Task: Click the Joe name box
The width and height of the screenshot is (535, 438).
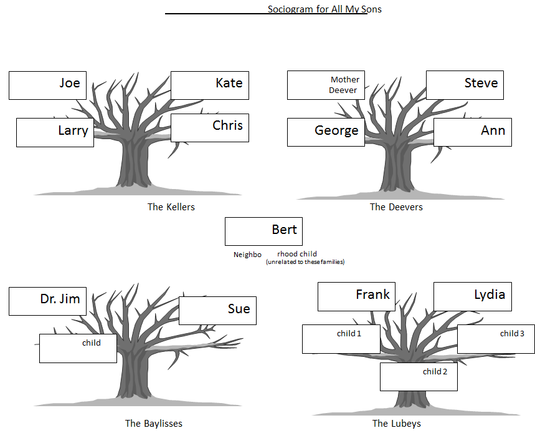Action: pyautogui.click(x=48, y=85)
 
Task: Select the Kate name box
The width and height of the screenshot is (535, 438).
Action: pyautogui.click(x=210, y=85)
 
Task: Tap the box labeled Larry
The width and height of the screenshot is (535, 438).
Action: pyautogui.click(x=55, y=132)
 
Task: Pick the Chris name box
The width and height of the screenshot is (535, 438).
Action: pyautogui.click(x=210, y=127)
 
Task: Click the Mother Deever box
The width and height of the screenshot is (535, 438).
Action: pyautogui.click(x=326, y=85)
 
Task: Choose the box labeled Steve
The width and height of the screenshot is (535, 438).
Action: pyautogui.click(x=465, y=85)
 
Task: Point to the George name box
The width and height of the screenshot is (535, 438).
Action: pyautogui.click(x=326, y=132)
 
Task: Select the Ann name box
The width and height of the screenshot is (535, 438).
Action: pyautogui.click(x=472, y=132)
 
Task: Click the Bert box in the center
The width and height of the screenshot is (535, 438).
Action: pyautogui.click(x=263, y=231)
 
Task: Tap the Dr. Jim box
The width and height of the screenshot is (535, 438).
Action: pyautogui.click(x=48, y=301)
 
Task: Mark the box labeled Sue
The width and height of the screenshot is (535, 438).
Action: pyautogui.click(x=217, y=310)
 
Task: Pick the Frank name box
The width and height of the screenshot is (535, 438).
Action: pyautogui.click(x=356, y=296)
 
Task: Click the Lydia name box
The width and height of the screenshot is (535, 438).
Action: pyautogui.click(x=472, y=296)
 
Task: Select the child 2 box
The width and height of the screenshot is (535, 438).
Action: pyautogui.click(x=419, y=376)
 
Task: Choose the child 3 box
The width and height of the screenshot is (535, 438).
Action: pyautogui.click(x=496, y=339)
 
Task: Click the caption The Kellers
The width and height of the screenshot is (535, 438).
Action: pyautogui.click(x=171, y=207)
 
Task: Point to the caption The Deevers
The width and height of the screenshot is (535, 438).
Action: pyautogui.click(x=396, y=207)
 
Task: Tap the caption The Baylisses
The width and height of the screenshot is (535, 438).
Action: pyautogui.click(x=154, y=424)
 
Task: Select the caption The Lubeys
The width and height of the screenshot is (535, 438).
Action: pyautogui.click(x=397, y=424)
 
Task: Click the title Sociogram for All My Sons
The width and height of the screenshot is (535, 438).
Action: pyautogui.click(x=324, y=9)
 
